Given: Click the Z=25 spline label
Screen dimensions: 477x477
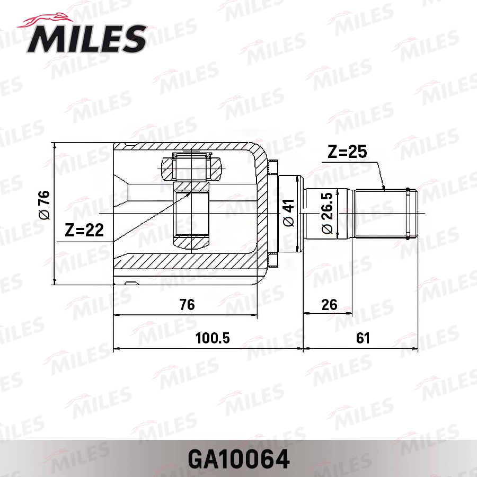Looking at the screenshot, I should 347,153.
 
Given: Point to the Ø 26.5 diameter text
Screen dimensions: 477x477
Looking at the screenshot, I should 326,214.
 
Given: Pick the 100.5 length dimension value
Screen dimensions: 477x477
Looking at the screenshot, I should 213,338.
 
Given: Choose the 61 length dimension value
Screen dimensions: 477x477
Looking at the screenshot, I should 363,338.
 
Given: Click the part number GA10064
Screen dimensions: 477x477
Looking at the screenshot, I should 238,459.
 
